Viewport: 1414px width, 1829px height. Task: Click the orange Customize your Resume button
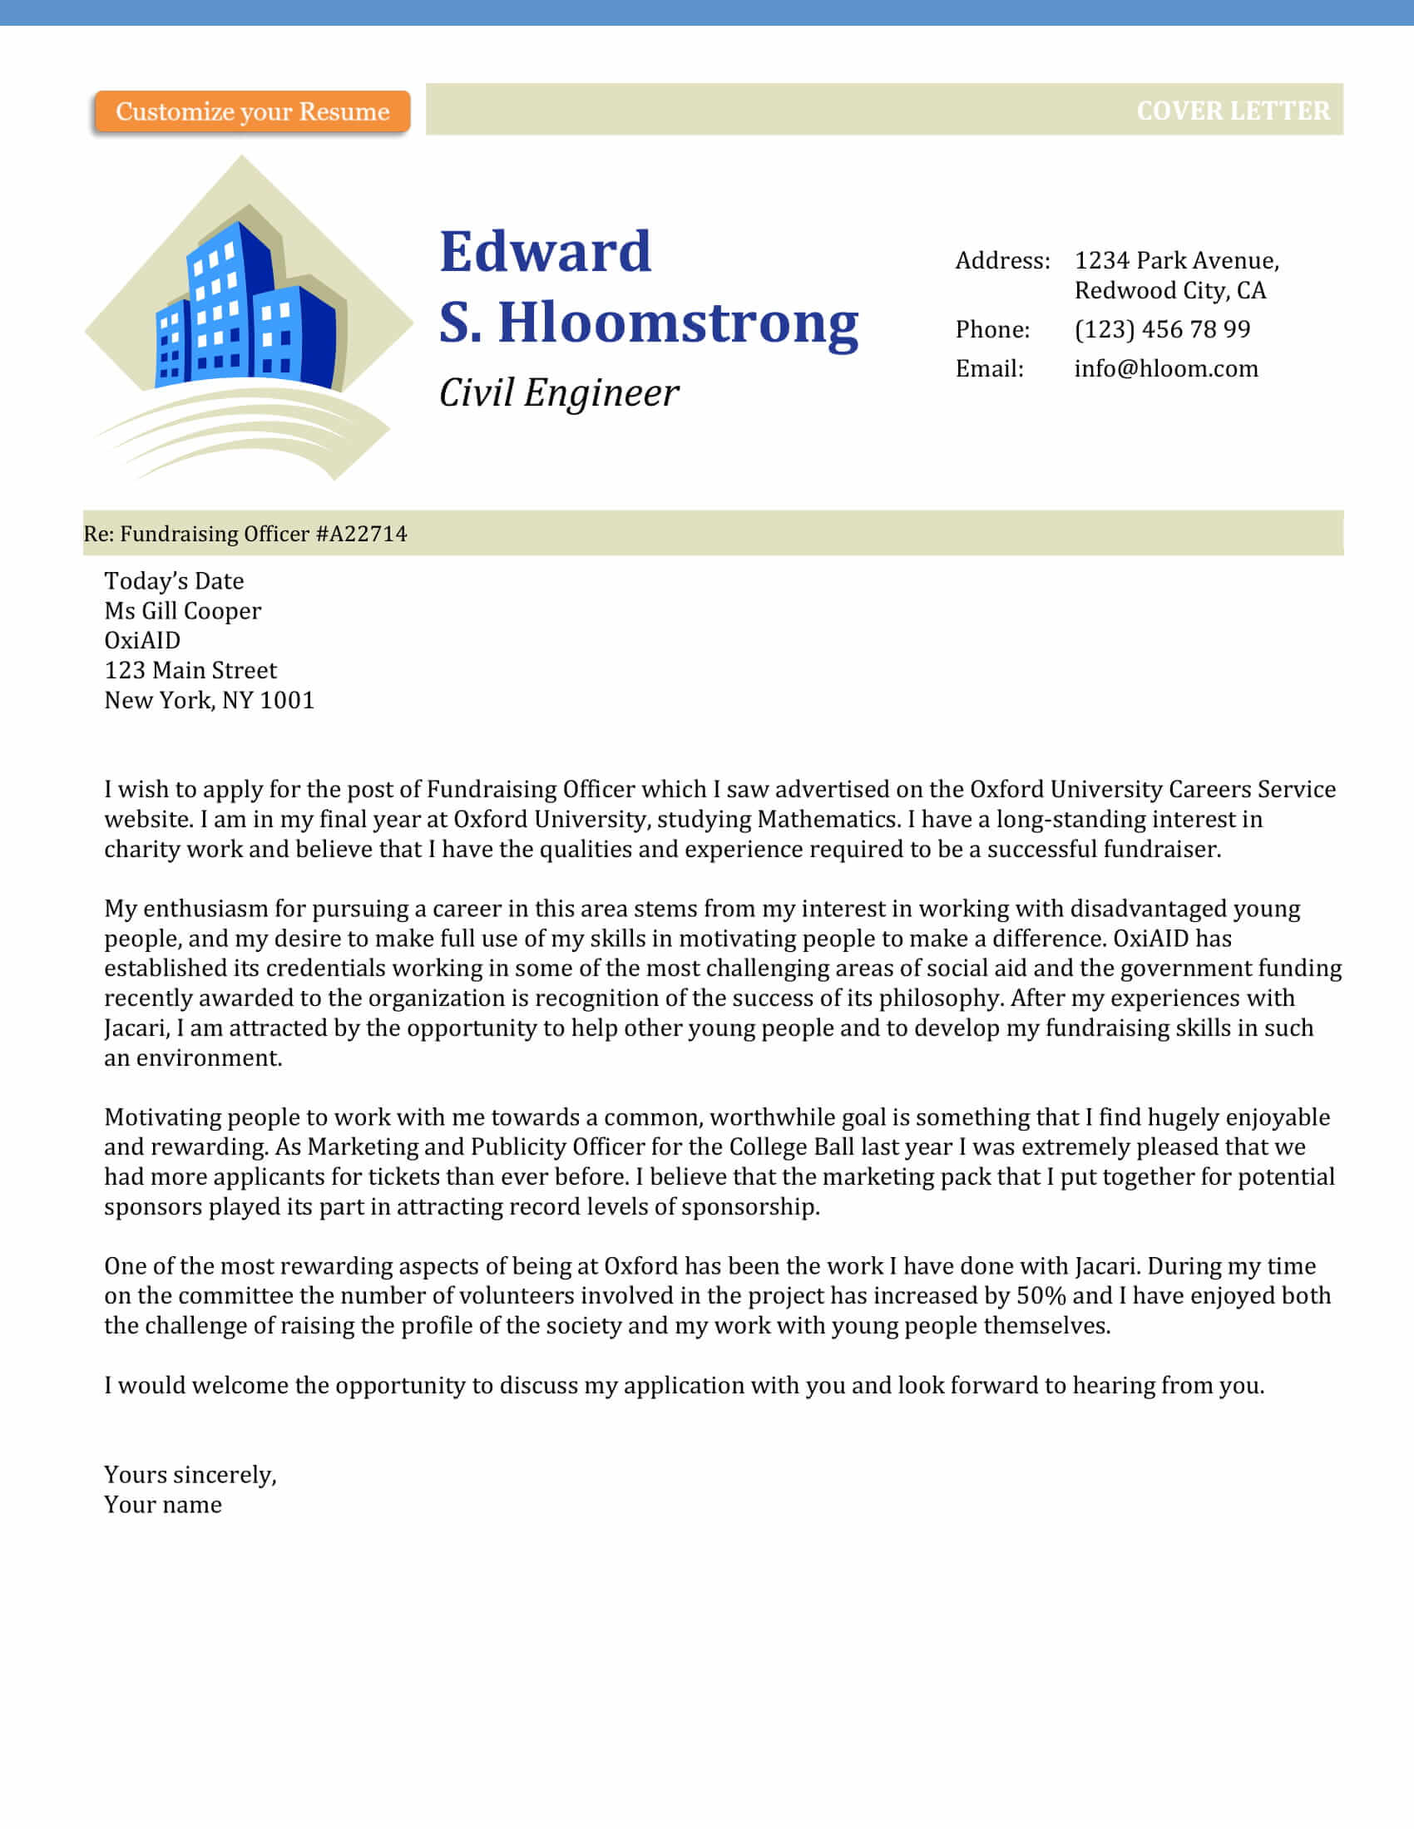252,111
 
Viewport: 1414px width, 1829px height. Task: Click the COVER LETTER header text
1232,111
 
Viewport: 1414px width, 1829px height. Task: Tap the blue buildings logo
247,310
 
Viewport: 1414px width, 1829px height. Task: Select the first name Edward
546,252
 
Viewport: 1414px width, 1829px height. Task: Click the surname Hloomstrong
679,323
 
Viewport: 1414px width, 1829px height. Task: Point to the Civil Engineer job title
559,392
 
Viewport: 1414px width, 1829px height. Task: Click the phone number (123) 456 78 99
1162,329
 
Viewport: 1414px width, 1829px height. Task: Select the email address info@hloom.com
1166,368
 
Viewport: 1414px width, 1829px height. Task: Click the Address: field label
1002,260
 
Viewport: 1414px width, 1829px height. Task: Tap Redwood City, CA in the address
1169,291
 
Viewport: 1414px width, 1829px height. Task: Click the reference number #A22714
361,534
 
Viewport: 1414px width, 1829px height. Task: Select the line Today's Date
173,581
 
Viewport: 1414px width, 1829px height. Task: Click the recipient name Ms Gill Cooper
183,610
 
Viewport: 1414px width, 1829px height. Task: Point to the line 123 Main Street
190,670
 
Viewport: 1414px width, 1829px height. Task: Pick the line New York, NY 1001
209,700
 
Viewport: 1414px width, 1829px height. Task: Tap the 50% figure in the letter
1041,1295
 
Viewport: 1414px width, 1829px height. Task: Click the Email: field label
989,368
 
